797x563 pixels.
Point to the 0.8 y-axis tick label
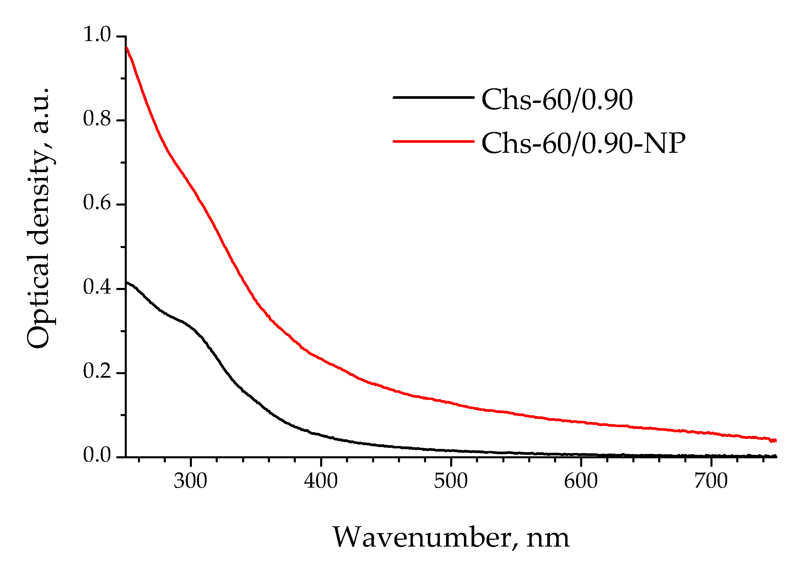tap(97, 119)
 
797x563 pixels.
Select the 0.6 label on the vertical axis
tap(97, 203)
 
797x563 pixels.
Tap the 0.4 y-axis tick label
tap(97, 288)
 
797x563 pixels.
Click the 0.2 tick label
tap(97, 372)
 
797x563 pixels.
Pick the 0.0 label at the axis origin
tap(97, 455)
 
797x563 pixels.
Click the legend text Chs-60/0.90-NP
tap(583, 143)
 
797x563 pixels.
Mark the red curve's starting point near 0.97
tap(127, 47)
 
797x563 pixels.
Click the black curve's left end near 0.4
tap(127, 283)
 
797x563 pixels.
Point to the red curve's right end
tap(775, 440)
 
